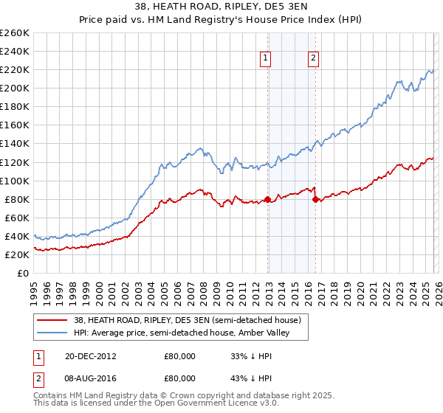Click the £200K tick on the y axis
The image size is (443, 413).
pyautogui.click(x=15, y=88)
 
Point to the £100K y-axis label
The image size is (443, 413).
pyautogui.click(x=15, y=181)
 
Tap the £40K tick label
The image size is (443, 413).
pyautogui.click(x=17, y=236)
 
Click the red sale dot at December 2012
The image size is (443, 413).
pyautogui.click(x=267, y=199)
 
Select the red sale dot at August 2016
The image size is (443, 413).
pyautogui.click(x=315, y=199)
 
